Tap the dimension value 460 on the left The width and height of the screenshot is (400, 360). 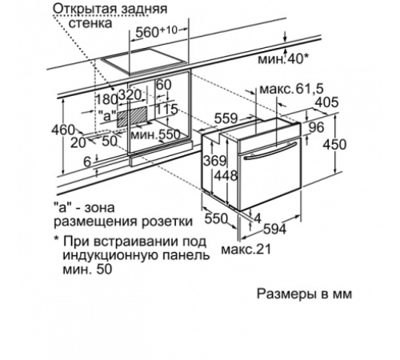(x=62, y=130)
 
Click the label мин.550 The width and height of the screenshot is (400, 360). (x=158, y=134)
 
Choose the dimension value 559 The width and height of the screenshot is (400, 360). (x=225, y=117)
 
